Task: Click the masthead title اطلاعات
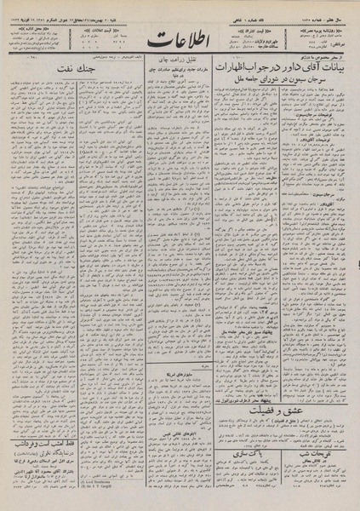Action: click(x=180, y=39)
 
